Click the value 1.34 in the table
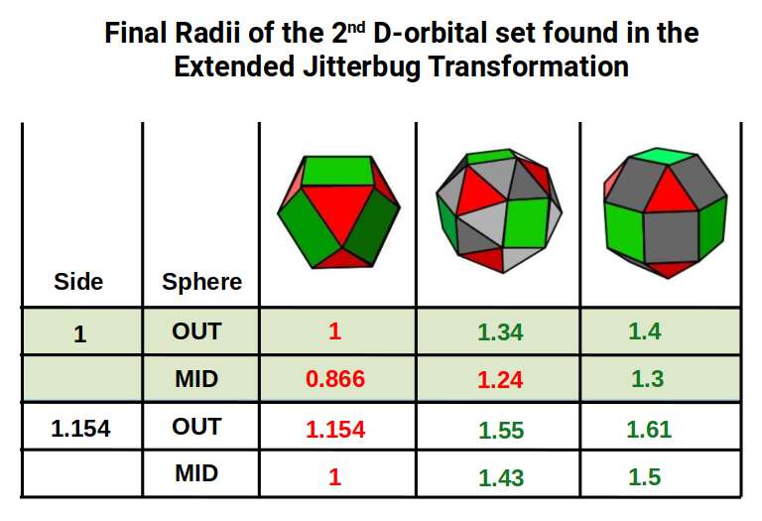point(500,332)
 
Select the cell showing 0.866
point(335,380)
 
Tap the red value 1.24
point(500,380)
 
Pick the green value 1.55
point(500,430)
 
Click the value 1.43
point(500,477)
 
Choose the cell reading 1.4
point(645,332)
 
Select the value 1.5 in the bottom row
point(645,477)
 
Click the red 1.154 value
point(335,430)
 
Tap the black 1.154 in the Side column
point(79,429)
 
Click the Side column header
point(78,282)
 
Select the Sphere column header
point(201,282)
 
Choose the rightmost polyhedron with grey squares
point(665,211)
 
